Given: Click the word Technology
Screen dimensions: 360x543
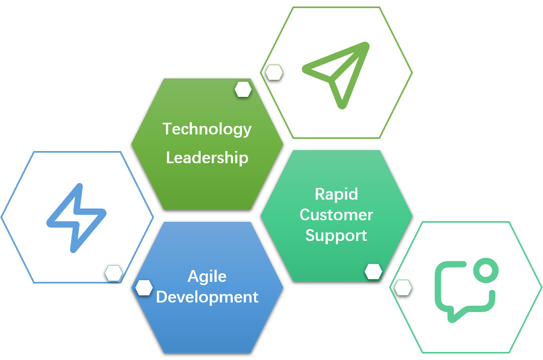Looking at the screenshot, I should coord(207,129).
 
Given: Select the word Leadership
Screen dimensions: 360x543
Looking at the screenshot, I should coord(207,158).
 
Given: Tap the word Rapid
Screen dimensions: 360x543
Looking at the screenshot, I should coord(336,194).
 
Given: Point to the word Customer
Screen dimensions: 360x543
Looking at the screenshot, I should coord(336,215).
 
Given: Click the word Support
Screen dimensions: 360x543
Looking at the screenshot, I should coord(336,235).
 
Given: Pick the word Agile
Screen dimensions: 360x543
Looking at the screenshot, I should coord(207,277).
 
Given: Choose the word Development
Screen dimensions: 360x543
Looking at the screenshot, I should coord(207,297).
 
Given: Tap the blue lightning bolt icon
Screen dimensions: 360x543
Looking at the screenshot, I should coord(77,218).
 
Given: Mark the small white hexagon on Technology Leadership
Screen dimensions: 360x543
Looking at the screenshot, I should coord(243,89).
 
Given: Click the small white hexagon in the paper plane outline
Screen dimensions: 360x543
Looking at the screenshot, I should coord(274,72).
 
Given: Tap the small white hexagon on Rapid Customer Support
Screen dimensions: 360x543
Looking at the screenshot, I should coord(373,271).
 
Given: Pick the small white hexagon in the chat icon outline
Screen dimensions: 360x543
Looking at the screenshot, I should coord(403,288).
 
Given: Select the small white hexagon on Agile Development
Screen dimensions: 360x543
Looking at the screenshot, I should coord(144,288).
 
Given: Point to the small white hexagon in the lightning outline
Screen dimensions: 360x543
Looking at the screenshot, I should coord(114,273).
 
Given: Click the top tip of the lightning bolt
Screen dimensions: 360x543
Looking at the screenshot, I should coord(79,187).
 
